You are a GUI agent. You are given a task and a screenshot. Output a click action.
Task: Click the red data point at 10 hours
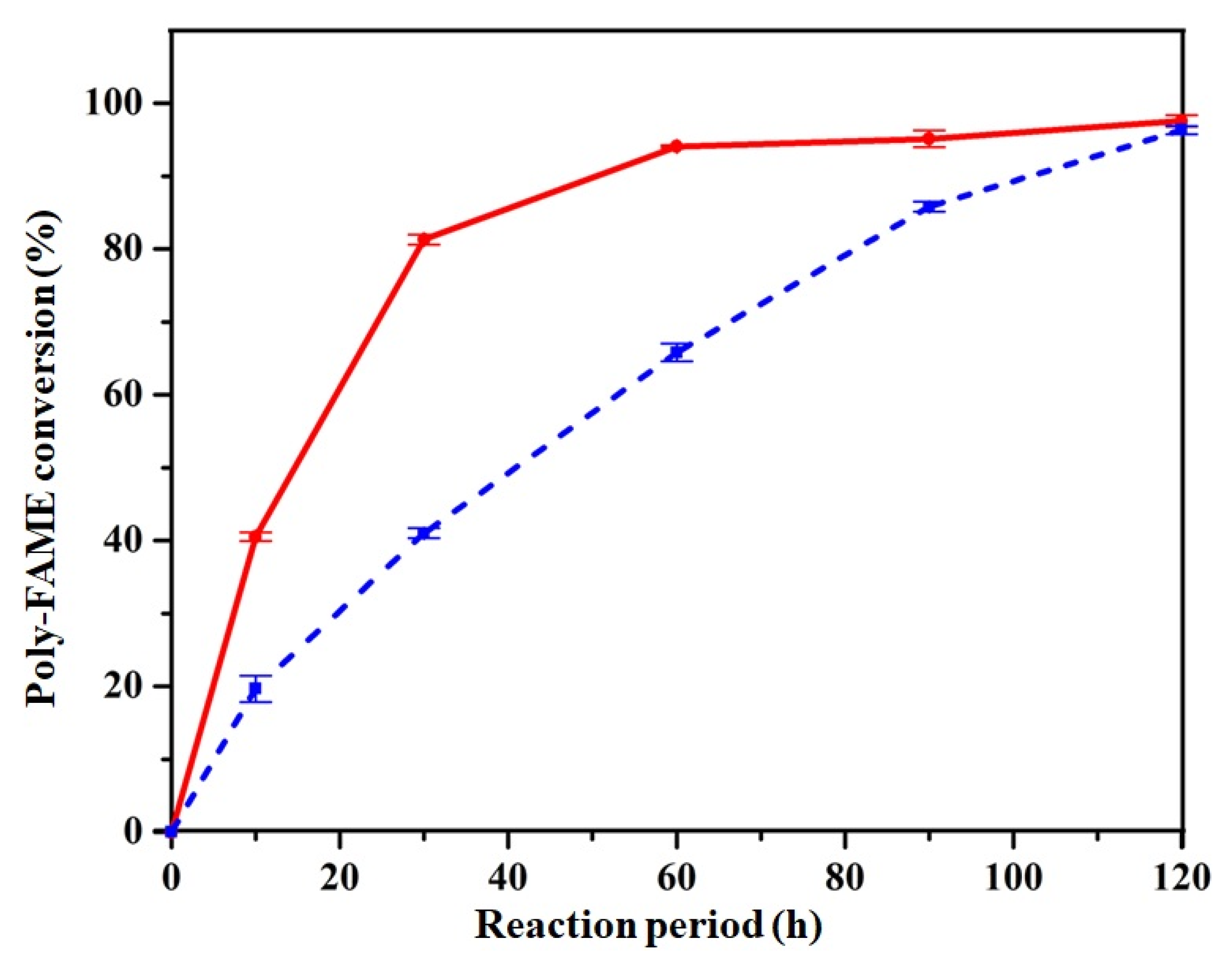coord(255,537)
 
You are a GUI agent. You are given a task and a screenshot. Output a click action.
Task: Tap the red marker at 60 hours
coord(676,146)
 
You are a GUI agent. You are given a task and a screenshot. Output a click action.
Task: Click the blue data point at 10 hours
coord(255,689)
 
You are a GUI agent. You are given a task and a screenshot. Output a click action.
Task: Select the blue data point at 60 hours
coord(676,352)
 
